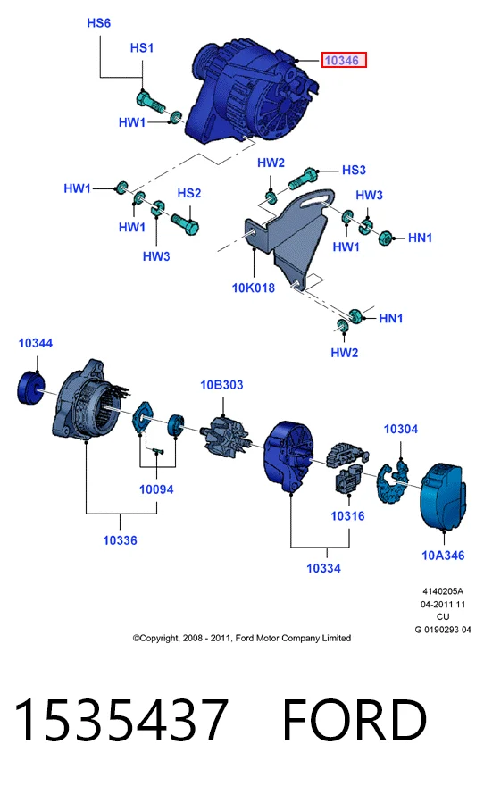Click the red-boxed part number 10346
344,60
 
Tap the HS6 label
99,23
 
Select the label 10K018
253,288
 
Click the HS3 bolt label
354,170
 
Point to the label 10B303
221,384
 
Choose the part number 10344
36,343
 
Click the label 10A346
443,555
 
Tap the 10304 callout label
400,429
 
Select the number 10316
347,516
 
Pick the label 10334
323,568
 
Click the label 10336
120,539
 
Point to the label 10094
156,489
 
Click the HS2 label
189,193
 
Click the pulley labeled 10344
31,388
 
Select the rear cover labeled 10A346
443,497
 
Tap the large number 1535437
121,719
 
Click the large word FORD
355,719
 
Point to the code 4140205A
443,591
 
